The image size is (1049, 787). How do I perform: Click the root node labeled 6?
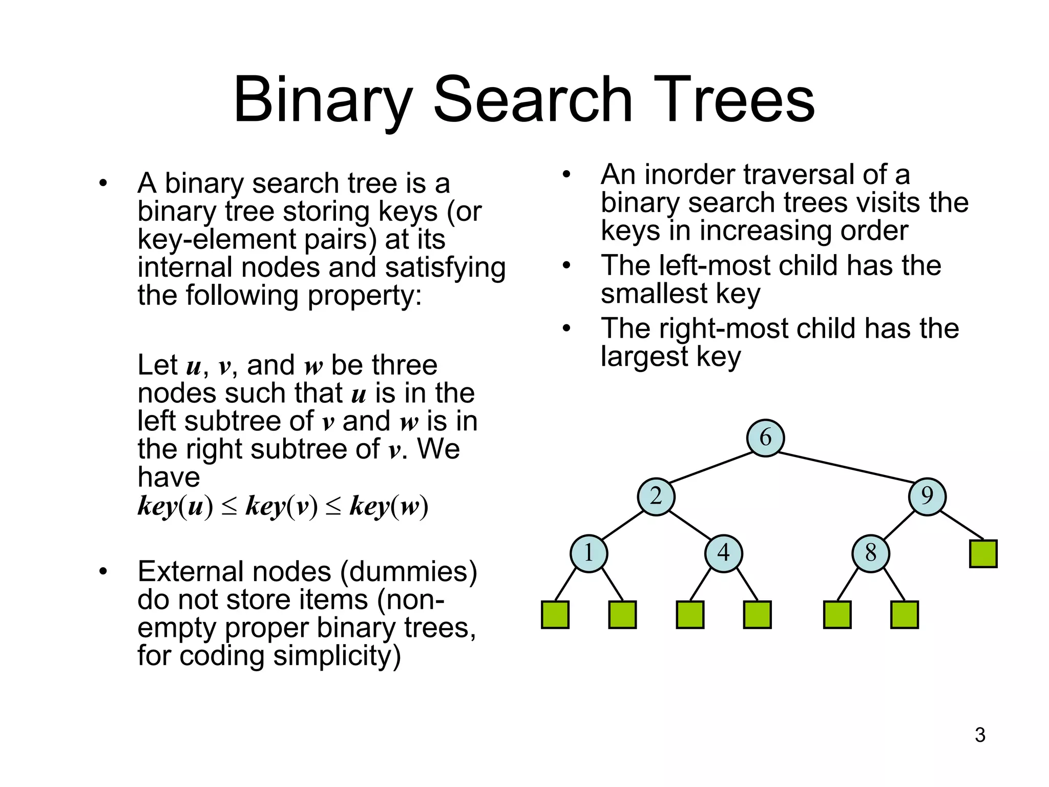765,438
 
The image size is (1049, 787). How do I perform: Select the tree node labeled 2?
656,496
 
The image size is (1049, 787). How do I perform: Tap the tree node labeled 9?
927,496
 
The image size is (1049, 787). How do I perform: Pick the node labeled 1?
589,553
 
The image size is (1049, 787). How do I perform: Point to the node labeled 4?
723,553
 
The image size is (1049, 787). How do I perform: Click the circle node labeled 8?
870,553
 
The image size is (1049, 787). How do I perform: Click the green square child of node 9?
983,553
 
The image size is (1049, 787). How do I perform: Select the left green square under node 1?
555,614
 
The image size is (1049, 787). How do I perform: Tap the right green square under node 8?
904,614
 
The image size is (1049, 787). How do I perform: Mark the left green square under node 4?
690,614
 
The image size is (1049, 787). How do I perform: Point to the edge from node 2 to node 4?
689,525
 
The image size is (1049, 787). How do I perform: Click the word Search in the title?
533,99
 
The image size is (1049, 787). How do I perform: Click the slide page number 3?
980,735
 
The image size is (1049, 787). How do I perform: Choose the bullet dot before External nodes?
103,571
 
